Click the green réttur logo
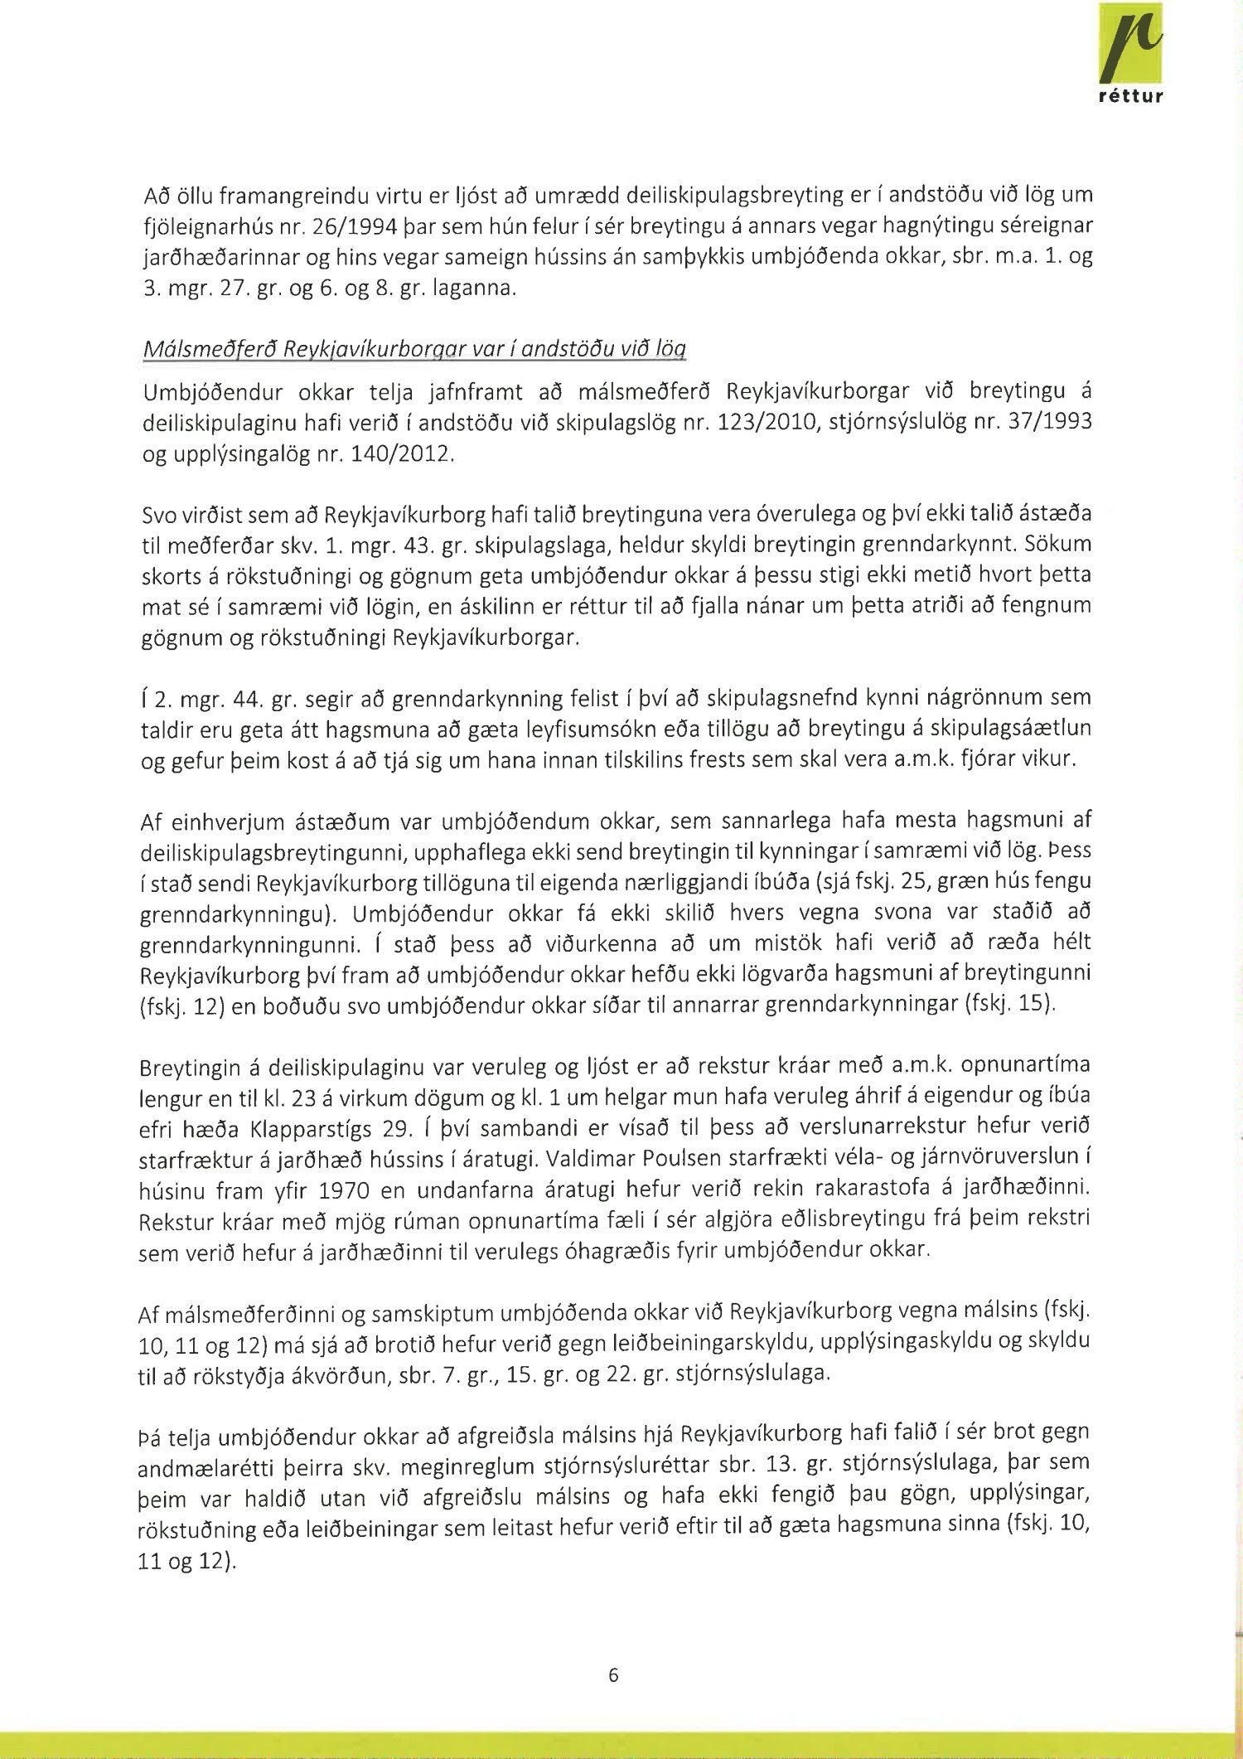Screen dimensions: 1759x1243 coord(1129,55)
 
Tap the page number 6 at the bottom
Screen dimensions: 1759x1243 coord(613,1675)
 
